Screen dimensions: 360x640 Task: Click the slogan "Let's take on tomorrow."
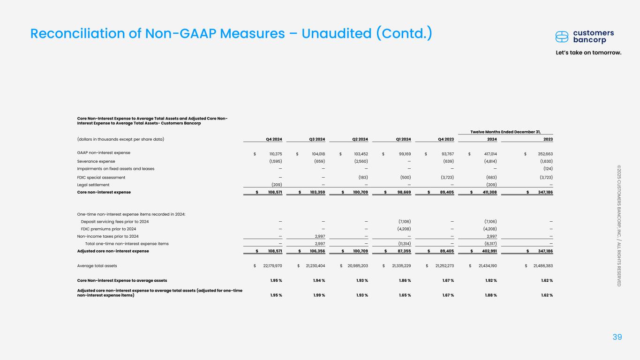click(x=595, y=52)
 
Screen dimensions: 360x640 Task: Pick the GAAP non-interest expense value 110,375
click(x=271, y=153)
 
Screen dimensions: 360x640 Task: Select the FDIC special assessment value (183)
click(x=361, y=177)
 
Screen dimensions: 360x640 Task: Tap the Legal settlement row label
click(x=94, y=185)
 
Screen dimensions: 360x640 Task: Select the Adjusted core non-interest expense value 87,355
click(x=403, y=251)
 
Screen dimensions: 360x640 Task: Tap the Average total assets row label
click(x=97, y=266)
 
